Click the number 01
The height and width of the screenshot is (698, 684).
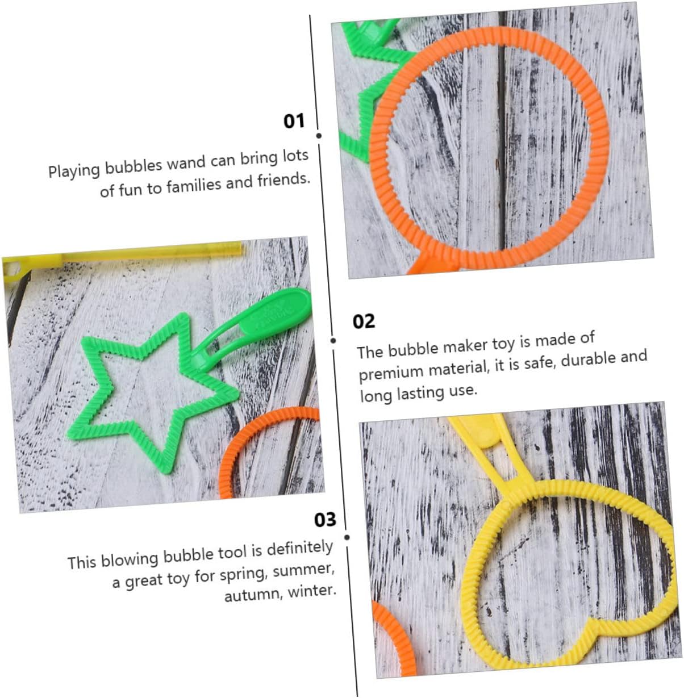(294, 121)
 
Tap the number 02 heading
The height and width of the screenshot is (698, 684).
(364, 321)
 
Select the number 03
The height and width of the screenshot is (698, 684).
(325, 520)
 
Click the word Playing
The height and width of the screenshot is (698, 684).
(74, 171)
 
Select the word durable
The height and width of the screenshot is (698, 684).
(587, 360)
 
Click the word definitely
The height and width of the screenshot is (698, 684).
(300, 549)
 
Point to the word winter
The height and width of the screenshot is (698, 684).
(312, 591)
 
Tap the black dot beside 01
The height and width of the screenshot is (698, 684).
(319, 136)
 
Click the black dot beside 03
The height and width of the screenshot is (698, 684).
(347, 537)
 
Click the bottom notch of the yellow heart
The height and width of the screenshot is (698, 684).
(591, 624)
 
